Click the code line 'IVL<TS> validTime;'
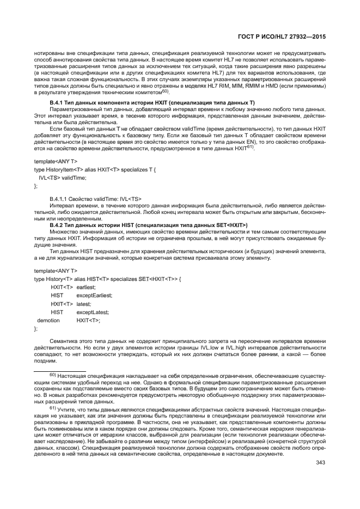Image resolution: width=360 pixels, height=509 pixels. [62, 177]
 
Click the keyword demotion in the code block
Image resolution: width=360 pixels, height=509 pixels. [48, 321]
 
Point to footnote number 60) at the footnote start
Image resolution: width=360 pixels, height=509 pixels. [53, 375]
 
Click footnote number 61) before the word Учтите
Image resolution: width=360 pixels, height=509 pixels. [53, 408]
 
